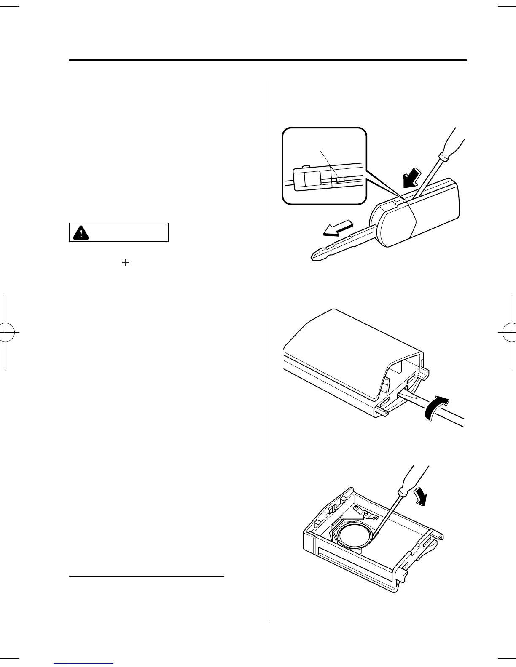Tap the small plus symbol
pyautogui.click(x=125, y=262)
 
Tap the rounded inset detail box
pyautogui.click(x=324, y=166)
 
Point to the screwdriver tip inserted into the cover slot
pyautogui.click(x=405, y=394)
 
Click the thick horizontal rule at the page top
pyautogui.click(x=268, y=60)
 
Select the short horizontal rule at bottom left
pyautogui.click(x=146, y=575)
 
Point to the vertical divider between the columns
pyautogui.click(x=268, y=350)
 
